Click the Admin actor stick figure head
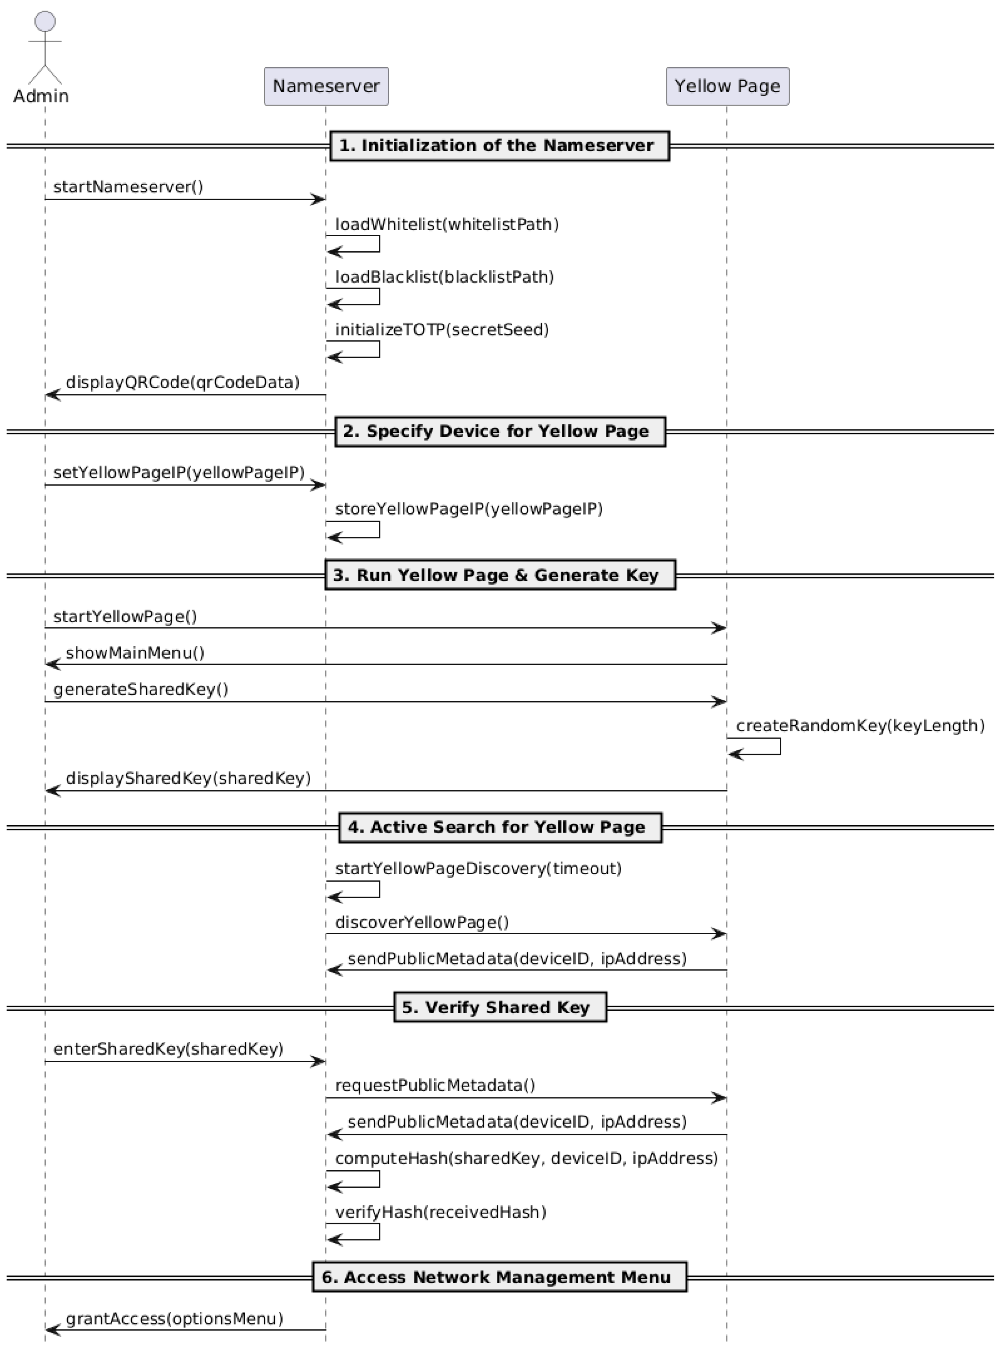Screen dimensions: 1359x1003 [45, 21]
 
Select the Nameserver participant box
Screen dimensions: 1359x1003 [326, 86]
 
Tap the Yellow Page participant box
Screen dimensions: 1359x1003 [727, 86]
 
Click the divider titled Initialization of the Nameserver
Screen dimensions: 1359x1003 [499, 146]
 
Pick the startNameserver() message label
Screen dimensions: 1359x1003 [128, 187]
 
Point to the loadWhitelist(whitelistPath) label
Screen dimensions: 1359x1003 [447, 225]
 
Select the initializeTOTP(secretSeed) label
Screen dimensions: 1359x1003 [442, 330]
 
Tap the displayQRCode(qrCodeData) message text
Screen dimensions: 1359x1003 [183, 383]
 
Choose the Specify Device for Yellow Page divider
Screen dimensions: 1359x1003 [500, 432]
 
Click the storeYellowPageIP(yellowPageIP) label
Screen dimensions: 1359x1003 [469, 509]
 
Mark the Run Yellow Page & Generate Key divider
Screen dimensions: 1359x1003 [500, 575]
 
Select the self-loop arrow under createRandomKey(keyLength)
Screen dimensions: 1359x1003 [755, 747]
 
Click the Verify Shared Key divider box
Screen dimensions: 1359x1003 [500, 1007]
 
